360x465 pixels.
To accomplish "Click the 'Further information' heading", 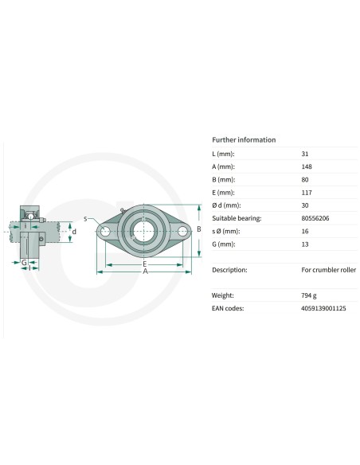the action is [244, 139].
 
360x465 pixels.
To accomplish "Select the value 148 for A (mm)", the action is [307, 166].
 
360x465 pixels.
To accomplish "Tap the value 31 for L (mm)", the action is [305, 154].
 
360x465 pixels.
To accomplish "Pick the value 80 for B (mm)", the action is [305, 179].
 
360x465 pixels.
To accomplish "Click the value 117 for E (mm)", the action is [307, 193].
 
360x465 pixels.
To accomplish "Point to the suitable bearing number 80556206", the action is [315, 218].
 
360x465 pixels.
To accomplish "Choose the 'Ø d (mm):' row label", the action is [226, 205].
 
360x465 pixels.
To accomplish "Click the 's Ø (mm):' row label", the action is [225, 231].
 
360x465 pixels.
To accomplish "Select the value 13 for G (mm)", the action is [305, 244].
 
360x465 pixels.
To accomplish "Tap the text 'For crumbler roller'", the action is [329, 270].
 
